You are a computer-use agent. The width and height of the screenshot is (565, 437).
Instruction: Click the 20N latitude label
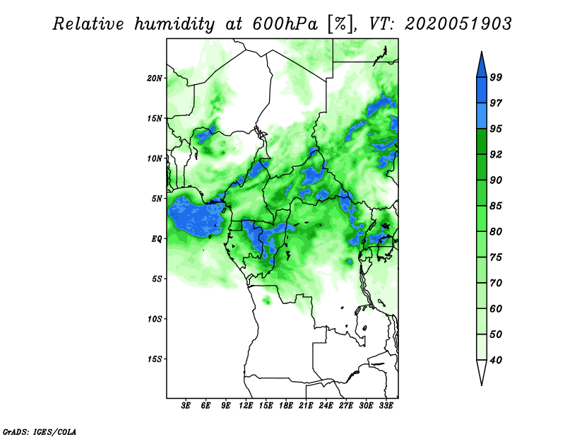coord(155,78)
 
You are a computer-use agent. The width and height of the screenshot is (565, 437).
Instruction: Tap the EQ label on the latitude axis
coord(156,239)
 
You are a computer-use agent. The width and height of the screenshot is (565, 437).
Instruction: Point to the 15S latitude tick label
coord(155,359)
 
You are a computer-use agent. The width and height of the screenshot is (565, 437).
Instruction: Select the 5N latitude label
coord(157,199)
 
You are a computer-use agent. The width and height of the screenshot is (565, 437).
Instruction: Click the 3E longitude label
coord(186,406)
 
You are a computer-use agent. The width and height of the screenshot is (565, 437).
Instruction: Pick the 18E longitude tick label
coord(286,406)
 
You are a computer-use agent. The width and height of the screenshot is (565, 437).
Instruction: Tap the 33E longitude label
coord(386,406)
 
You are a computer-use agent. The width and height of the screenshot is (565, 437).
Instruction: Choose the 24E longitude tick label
coord(326,406)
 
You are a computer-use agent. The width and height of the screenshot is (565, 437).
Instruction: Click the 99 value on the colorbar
coord(496,77)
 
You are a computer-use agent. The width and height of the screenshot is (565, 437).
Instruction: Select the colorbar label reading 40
coord(496,360)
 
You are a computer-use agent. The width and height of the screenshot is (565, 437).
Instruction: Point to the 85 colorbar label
coord(496,206)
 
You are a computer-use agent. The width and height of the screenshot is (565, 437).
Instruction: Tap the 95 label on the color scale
coord(496,129)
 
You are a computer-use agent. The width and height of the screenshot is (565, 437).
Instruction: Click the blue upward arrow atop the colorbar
coord(482,66)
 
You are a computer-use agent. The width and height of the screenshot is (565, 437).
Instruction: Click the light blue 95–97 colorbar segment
coord(482,116)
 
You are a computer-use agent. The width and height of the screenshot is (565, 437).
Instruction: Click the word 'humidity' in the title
coord(174,24)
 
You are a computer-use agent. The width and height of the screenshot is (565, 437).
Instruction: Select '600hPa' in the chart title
coord(285,24)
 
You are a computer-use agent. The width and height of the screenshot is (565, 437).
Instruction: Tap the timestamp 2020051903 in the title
coord(458,24)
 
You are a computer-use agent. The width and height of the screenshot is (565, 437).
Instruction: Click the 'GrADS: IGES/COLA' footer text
coord(40,431)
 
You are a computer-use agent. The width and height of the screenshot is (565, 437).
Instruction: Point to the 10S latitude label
coord(155,319)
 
